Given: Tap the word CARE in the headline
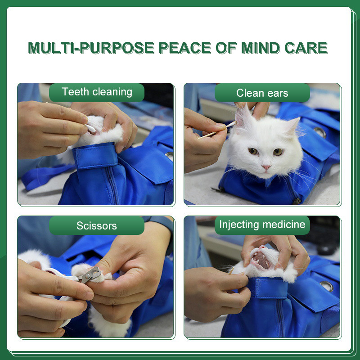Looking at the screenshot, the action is tap(306, 48).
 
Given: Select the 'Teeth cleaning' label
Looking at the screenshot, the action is tap(97, 92).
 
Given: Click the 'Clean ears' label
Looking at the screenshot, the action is tap(262, 93).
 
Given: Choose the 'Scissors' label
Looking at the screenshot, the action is tap(97, 225).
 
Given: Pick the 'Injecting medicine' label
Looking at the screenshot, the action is tap(262, 225).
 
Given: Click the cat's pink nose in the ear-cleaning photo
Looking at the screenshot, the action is tap(266, 167).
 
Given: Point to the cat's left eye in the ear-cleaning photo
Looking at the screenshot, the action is tap(278, 152).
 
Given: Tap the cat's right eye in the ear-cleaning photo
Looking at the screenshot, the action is tap(253, 151).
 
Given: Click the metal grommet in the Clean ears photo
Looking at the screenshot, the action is tap(320, 132).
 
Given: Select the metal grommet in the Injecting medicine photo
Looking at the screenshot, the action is tap(327, 286).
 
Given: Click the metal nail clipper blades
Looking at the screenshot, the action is tap(91, 275).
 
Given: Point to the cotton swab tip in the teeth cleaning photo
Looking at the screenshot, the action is tap(91, 128).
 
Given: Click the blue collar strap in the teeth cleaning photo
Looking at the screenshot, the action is tap(95, 155).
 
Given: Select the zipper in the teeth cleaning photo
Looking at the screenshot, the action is tap(113, 185).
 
